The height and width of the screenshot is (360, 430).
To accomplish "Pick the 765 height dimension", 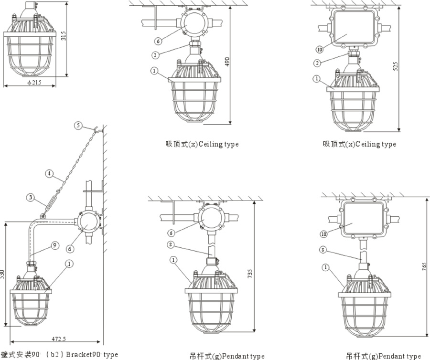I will tap(425, 267).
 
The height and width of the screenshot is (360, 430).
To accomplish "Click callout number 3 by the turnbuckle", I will tap(30, 197).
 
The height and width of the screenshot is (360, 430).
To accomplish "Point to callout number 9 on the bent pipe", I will tap(55, 245).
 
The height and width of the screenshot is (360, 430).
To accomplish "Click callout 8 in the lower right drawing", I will tap(323, 249).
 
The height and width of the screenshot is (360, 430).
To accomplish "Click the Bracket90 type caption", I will tap(59, 355).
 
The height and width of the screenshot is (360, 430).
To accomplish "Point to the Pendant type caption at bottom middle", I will tap(226, 356).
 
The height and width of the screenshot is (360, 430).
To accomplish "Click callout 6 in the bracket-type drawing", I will tap(70, 248).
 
